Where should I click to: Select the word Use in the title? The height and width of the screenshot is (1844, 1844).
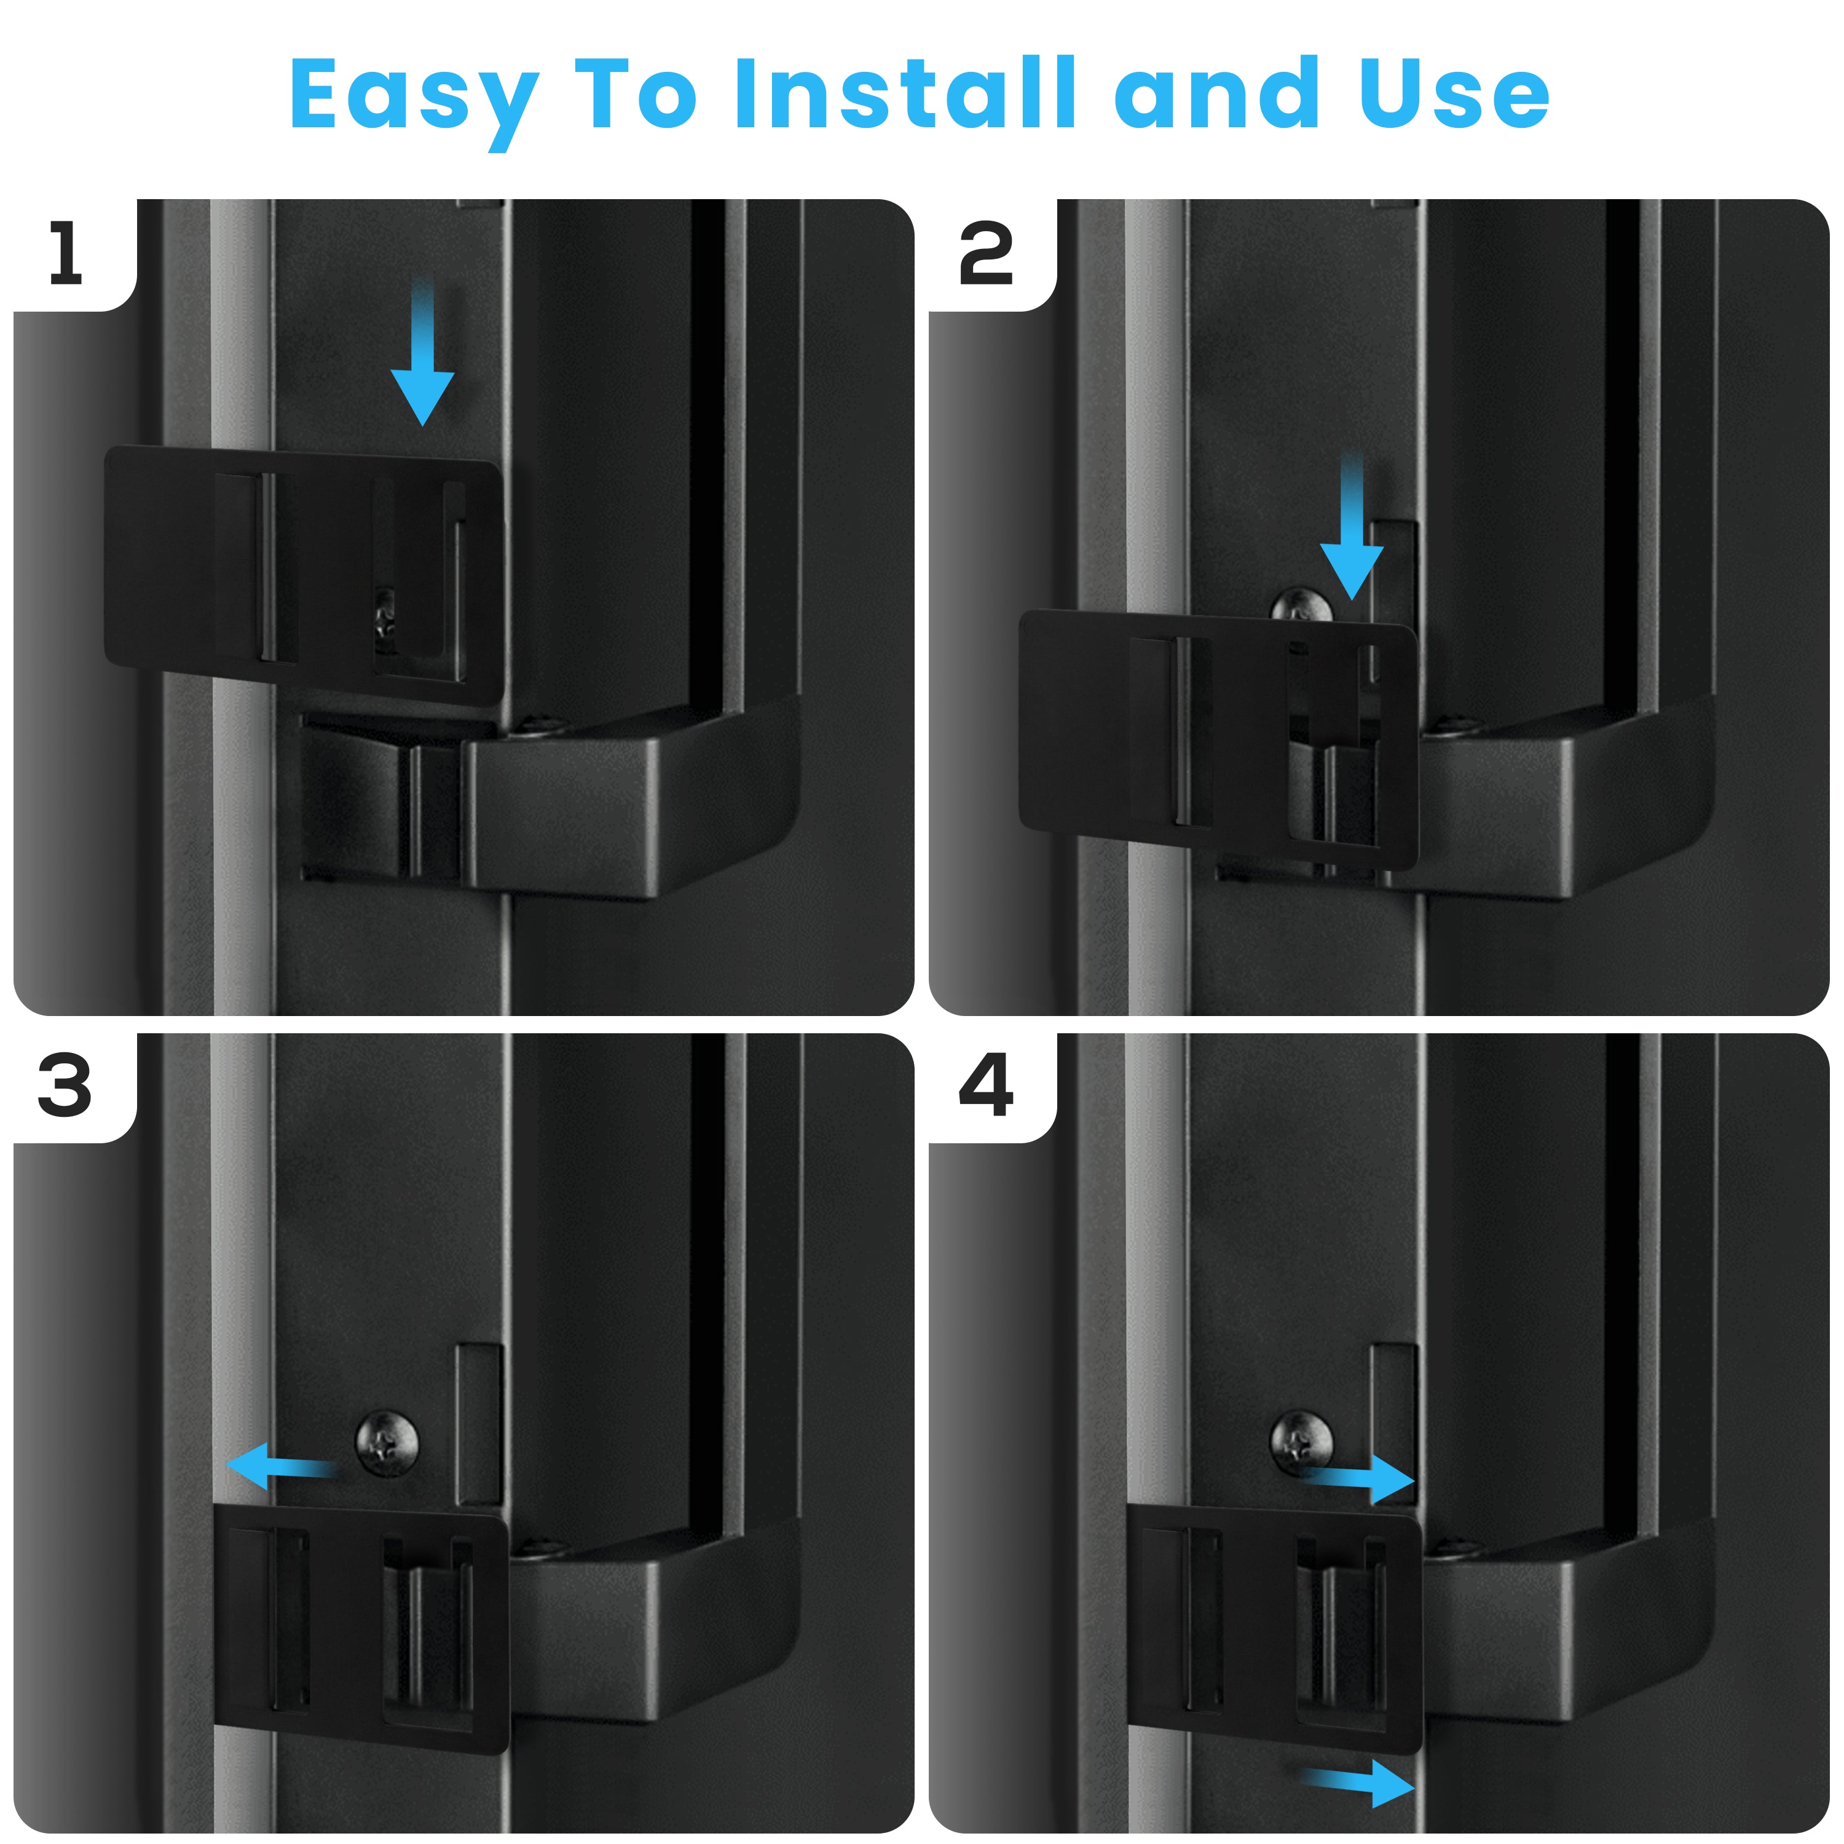click(x=1454, y=93)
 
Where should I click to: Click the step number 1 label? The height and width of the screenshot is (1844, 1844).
click(x=66, y=253)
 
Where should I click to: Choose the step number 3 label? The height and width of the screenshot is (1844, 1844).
click(x=65, y=1086)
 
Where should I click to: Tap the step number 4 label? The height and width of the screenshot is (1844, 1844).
click(x=986, y=1086)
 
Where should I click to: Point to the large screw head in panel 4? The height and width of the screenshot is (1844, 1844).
click(x=1302, y=1441)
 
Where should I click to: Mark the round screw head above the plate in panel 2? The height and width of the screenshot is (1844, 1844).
click(x=1302, y=605)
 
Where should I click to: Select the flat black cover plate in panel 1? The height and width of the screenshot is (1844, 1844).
click(x=304, y=575)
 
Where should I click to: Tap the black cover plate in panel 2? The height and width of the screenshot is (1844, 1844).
click(x=1219, y=739)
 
